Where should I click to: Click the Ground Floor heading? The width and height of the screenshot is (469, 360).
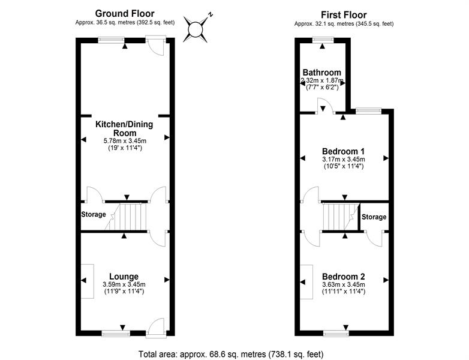point(125,13)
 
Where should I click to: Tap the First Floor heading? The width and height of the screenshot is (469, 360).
point(344,15)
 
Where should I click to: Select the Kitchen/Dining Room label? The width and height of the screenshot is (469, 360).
point(125,128)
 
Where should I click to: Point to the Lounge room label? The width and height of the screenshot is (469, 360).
point(125,277)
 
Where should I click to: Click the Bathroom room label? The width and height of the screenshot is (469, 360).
point(322,73)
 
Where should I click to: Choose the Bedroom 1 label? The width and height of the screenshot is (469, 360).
point(344,151)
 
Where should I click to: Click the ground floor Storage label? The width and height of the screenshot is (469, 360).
point(94,215)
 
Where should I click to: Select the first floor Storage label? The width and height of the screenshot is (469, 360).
point(374,217)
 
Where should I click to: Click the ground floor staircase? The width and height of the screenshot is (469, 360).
point(130,217)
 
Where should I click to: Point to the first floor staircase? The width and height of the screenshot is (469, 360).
point(339,217)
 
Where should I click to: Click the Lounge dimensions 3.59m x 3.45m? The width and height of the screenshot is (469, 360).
point(125,284)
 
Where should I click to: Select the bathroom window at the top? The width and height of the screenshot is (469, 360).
point(323,40)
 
